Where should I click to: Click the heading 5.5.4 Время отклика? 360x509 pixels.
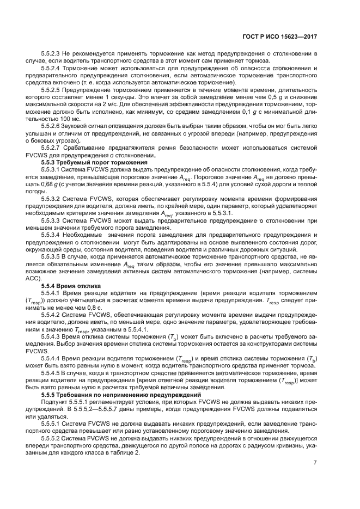(68, 285)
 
